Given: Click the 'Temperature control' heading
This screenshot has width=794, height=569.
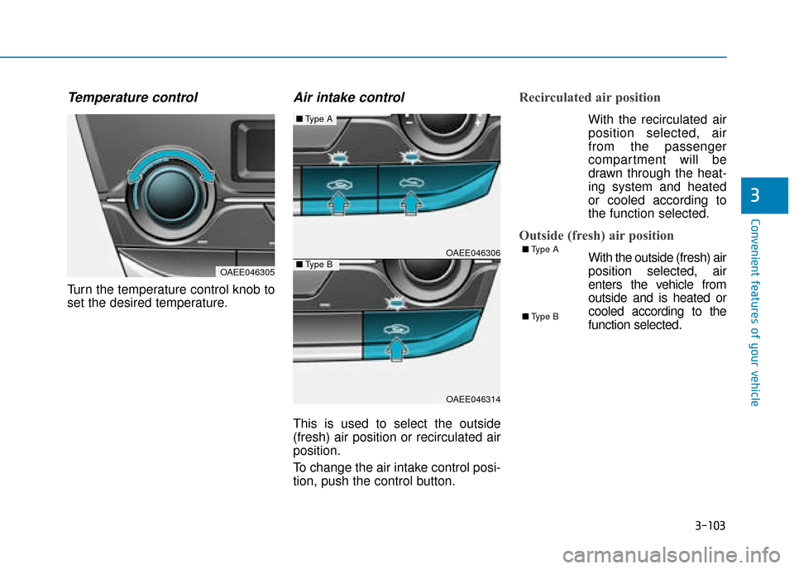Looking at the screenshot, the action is (132, 98).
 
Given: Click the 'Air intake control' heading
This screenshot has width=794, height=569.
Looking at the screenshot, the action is (349, 98).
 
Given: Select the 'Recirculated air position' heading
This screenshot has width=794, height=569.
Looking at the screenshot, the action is (590, 98).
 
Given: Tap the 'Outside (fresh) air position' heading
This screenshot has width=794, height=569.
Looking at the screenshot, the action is (596, 236).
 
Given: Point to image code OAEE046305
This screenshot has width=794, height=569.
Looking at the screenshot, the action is (247, 272).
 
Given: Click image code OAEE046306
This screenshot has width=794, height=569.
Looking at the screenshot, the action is (473, 252).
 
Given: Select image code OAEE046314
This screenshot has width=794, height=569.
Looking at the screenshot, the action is (473, 399).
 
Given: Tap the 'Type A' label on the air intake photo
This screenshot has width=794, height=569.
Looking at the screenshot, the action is (314, 119).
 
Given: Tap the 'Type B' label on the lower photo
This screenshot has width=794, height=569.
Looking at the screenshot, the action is (314, 265).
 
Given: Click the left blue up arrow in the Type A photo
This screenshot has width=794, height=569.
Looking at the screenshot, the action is (338, 203).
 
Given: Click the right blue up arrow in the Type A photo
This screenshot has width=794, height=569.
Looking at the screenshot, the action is (411, 203).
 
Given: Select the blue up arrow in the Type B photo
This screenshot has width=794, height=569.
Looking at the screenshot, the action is (396, 349).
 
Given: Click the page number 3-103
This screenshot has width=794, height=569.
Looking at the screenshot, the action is (710, 525).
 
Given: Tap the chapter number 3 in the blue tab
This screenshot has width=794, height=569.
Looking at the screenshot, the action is (755, 195).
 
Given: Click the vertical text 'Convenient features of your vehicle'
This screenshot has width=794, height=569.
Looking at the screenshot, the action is (755, 313).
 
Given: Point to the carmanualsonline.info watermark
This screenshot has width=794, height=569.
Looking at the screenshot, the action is (671, 555).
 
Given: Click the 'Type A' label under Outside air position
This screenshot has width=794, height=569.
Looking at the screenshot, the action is (540, 249).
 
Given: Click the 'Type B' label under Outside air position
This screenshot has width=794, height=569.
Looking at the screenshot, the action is (540, 317).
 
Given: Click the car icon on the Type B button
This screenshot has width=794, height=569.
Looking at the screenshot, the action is (396, 329).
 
